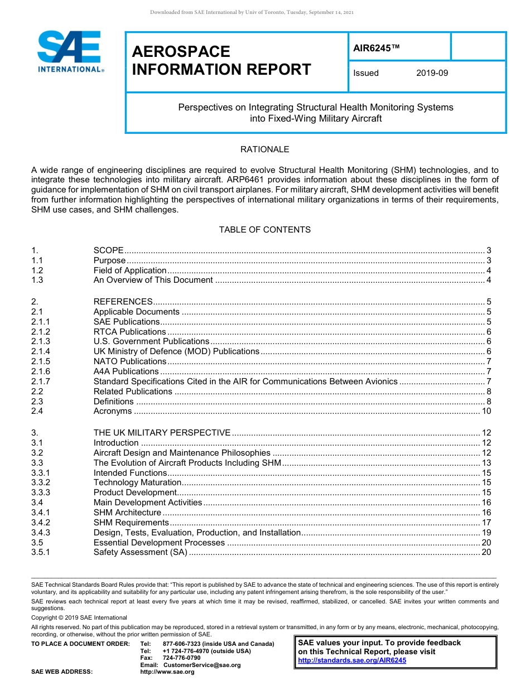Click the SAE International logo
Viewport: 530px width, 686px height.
pyautogui.click(x=70, y=51)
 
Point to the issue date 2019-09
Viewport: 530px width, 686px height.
pyautogui.click(x=432, y=73)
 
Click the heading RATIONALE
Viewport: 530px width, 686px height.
pyautogui.click(x=264, y=149)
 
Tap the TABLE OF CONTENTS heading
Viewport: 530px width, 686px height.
pyautogui.click(x=264, y=230)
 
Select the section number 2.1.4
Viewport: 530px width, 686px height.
pyautogui.click(x=41, y=351)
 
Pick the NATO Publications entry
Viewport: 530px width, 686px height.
pyautogui.click(x=129, y=361)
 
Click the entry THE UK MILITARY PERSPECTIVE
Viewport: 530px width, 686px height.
pyautogui.click(x=162, y=433)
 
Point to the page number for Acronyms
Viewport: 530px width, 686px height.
pyautogui.click(x=486, y=412)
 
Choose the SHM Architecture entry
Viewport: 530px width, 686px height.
pyautogui.click(x=127, y=513)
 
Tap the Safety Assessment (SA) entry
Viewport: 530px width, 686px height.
pyautogui.click(x=140, y=553)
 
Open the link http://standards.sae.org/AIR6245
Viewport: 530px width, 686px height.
pyautogui.click(x=352, y=660)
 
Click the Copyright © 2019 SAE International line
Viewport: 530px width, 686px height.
pyautogui.click(x=79, y=617)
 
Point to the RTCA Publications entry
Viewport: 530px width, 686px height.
pyautogui.click(x=129, y=332)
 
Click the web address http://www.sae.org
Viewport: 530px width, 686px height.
pyautogui.click(x=167, y=672)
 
